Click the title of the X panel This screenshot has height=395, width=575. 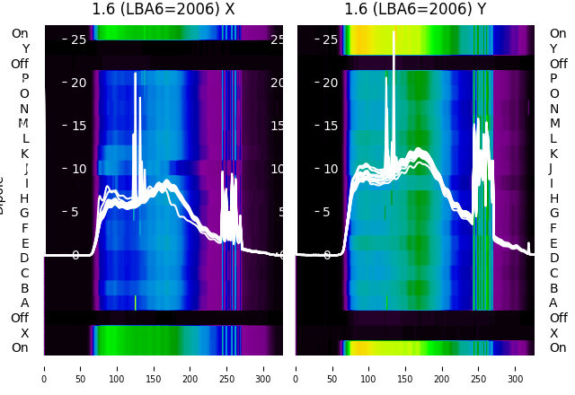pyautogui.click(x=163, y=10)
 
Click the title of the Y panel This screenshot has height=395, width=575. pyautogui.click(x=415, y=10)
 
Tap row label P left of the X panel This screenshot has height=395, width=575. pyautogui.click(x=24, y=78)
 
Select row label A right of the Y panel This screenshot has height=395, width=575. pyautogui.click(x=553, y=303)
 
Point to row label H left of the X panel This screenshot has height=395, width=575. pyautogui.click(x=24, y=198)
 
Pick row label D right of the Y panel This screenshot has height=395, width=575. pyautogui.click(x=553, y=258)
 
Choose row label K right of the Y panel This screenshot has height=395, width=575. pyautogui.click(x=553, y=154)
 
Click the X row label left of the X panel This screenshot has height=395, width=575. pyautogui.click(x=25, y=333)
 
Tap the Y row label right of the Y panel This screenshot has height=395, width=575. pyautogui.click(x=553, y=48)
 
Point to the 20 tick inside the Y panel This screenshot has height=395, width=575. pyautogui.click(x=331, y=83)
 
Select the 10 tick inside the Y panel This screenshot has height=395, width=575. pyautogui.click(x=331, y=169)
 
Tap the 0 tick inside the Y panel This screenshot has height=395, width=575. pyautogui.click(x=327, y=255)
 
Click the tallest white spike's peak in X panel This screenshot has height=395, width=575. pyautogui.click(x=136, y=74)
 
